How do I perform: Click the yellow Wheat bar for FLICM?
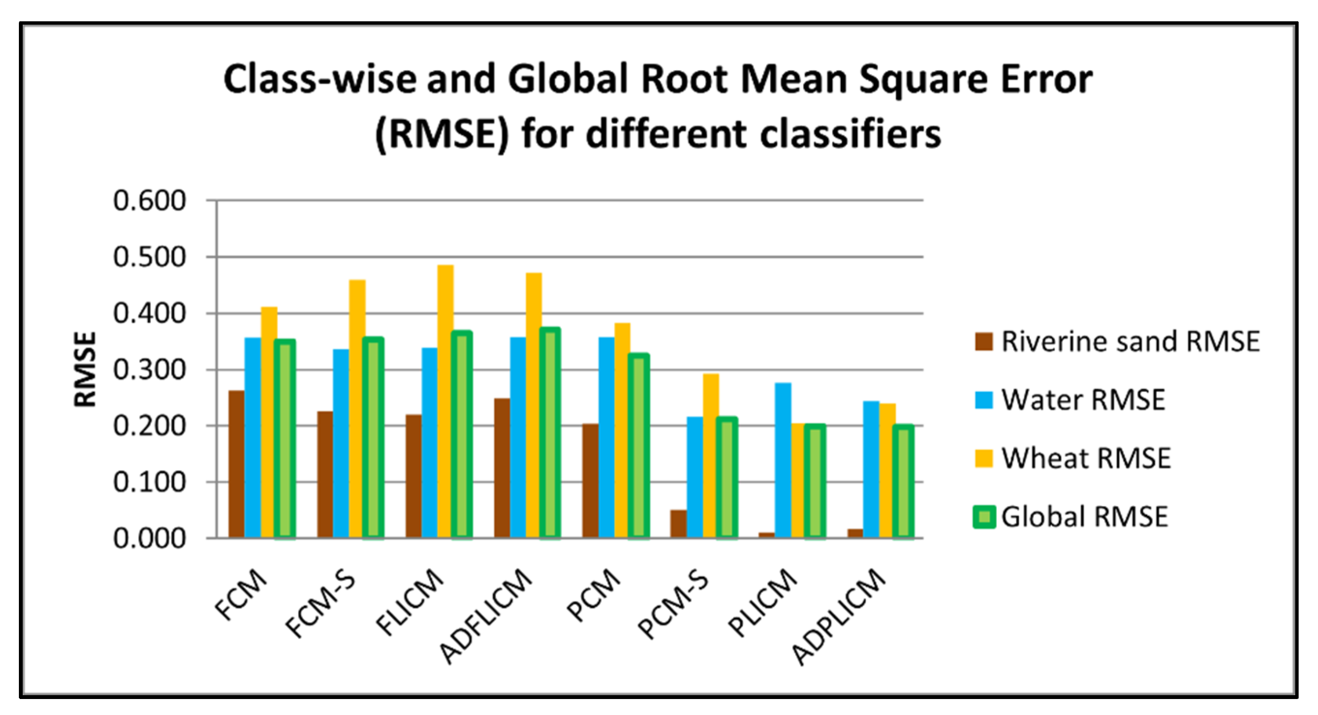tap(445, 401)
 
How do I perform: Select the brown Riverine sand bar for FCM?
tap(236, 464)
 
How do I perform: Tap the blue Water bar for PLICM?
tap(783, 460)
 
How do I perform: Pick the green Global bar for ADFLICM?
tap(550, 433)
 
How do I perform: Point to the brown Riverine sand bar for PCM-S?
tap(679, 524)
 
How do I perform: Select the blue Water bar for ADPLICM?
tap(871, 470)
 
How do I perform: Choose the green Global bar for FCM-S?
tap(373, 437)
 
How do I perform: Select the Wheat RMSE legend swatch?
tap(983, 458)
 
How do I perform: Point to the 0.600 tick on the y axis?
tap(149, 200)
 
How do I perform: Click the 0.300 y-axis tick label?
tap(149, 370)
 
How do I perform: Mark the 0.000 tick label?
tap(149, 539)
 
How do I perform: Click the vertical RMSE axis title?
tap(85, 369)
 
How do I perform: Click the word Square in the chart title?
tap(924, 81)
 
